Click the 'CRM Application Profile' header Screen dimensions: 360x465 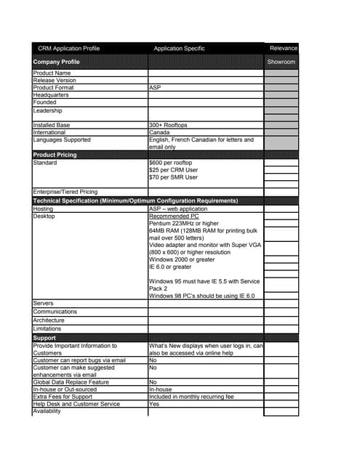pos(68,49)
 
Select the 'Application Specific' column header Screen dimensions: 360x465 pos(179,49)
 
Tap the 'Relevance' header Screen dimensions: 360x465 pos(284,49)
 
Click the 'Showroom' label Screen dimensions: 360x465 pos(281,62)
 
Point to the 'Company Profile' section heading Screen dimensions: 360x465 pos(57,62)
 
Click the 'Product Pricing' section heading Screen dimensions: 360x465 pos(55,155)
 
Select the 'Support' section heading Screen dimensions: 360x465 pos(45,338)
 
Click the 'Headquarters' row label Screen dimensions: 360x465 pos(52,94)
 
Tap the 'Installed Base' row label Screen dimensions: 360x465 pos(52,125)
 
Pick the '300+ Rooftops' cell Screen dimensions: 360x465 pos(168,125)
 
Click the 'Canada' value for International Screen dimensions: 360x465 pos(159,132)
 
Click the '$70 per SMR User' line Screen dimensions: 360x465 pos(173,177)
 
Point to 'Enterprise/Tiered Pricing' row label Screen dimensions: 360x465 pos(65,193)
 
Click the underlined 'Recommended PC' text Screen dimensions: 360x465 pos(173,216)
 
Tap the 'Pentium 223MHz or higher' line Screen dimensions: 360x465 pos(183,223)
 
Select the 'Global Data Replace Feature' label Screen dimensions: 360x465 pos(71,381)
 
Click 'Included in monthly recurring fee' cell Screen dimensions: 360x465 pos(191,397)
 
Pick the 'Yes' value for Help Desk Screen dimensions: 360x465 pos(153,404)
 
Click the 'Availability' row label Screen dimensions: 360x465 pos(47,412)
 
